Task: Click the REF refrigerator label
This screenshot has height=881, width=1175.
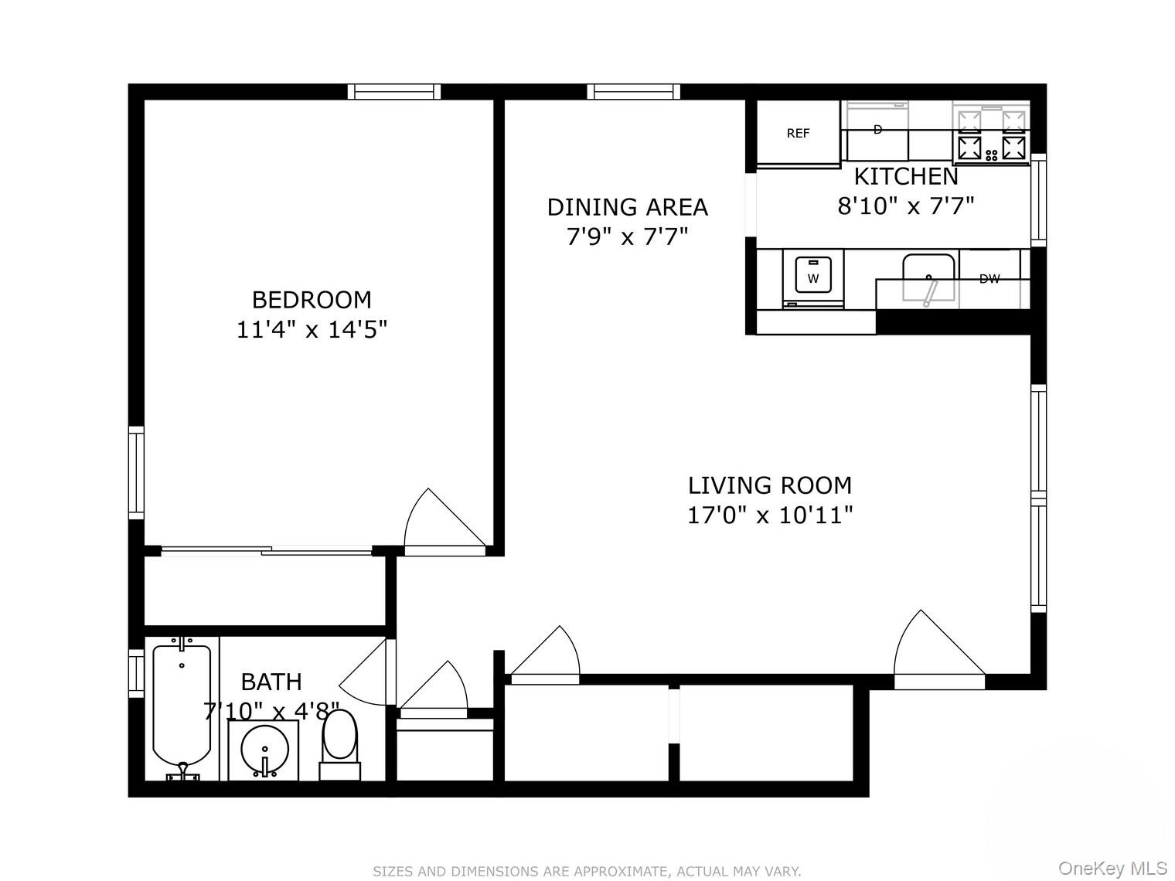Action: [x=798, y=133]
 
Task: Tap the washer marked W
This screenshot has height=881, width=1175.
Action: [x=812, y=277]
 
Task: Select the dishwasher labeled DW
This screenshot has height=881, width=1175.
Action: [x=989, y=279]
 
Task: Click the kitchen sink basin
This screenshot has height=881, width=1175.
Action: [x=928, y=277]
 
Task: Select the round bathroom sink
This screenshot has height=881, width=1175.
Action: [x=264, y=750]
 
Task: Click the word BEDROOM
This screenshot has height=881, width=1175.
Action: [x=312, y=299]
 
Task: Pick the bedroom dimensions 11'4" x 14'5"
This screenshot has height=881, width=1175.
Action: [x=312, y=330]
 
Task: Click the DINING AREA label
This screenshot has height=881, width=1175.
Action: [x=627, y=207]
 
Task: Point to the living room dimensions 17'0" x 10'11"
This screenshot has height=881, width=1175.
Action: [x=770, y=515]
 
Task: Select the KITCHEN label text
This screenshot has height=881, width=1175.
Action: [x=906, y=177]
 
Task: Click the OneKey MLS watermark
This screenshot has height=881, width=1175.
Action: [x=1112, y=868]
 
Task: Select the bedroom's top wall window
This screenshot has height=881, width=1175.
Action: [x=394, y=92]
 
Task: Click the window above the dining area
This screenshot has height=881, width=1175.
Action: [x=634, y=92]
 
